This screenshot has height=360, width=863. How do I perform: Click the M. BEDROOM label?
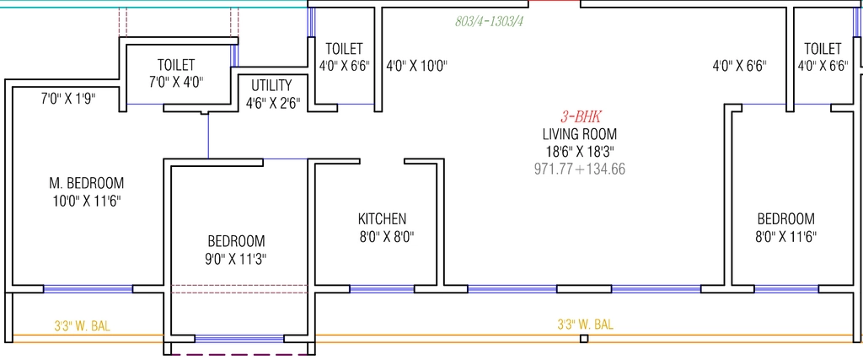(87, 183)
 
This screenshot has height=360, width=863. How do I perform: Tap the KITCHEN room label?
(383, 219)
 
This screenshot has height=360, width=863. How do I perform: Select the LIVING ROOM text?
(580, 134)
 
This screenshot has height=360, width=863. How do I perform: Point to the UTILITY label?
(271, 85)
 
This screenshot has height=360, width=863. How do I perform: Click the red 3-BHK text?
(582, 116)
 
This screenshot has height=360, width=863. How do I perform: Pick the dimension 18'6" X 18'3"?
(580, 152)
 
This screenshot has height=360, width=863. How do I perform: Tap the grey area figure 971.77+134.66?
(580, 169)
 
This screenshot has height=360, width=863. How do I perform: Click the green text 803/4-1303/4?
(489, 21)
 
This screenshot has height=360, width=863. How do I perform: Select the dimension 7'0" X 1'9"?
(69, 99)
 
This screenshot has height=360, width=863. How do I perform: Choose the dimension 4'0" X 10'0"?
(416, 66)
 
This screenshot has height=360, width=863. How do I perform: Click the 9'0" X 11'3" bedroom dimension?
(236, 259)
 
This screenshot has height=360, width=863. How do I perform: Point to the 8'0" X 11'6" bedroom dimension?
(786, 237)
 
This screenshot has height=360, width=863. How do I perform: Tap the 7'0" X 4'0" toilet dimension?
(176, 83)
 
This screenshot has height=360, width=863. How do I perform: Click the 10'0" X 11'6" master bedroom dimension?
(87, 201)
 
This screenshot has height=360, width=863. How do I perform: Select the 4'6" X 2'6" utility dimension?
(272, 104)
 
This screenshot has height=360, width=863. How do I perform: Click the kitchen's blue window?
(382, 289)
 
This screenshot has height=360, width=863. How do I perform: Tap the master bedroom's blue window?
(88, 289)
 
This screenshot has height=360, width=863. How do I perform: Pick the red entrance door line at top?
(555, 2)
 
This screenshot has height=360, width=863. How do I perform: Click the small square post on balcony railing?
(584, 339)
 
